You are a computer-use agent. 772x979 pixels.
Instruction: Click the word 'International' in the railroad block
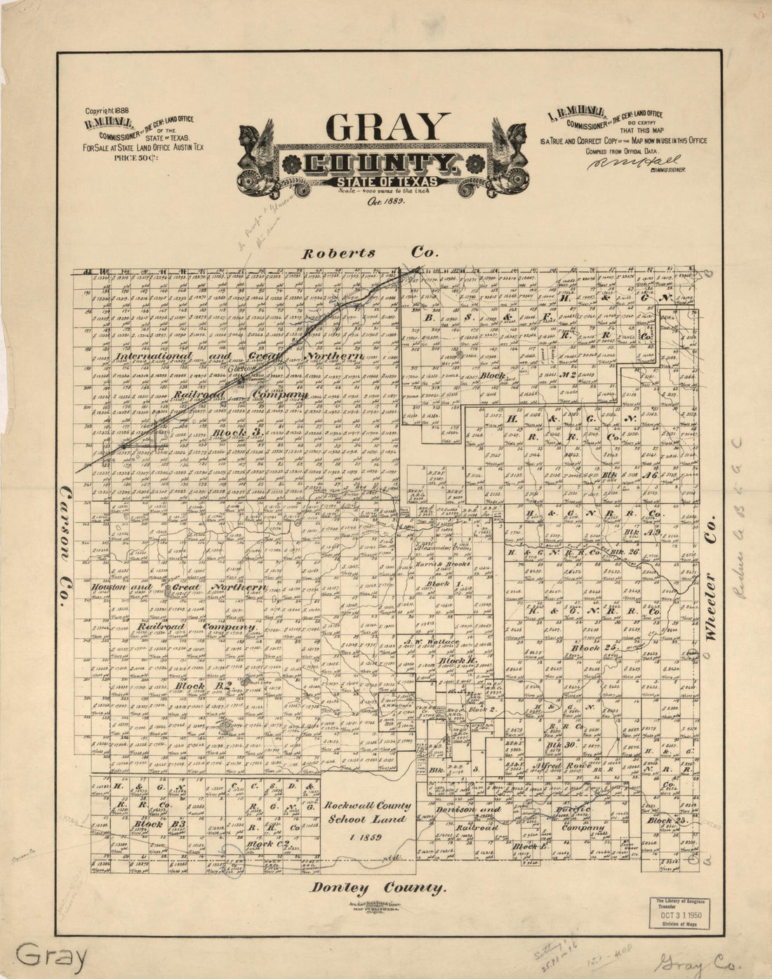(154, 357)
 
